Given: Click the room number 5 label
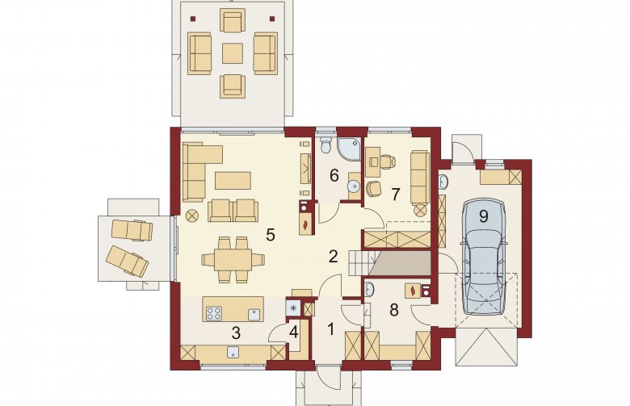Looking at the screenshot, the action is [271, 235].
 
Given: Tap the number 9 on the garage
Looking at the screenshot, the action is [483, 216].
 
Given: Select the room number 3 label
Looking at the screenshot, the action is [236, 333].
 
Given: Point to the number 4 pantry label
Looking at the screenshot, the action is [294, 333].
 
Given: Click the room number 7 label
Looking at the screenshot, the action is [395, 195].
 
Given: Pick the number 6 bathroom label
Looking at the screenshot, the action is [334, 175].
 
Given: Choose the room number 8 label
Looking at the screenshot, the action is [394, 310].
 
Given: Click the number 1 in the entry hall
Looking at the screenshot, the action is [330, 329].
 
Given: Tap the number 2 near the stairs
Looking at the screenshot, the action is [333, 256].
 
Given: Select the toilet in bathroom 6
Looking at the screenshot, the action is [325, 145].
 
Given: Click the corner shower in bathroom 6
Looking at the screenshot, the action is [349, 149].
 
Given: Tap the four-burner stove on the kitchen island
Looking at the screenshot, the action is [214, 313].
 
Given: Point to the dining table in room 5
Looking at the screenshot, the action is [233, 260].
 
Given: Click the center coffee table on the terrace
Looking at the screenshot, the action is [233, 53].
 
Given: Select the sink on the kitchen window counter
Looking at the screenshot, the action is [233, 352].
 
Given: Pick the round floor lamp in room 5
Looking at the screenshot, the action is [192, 216].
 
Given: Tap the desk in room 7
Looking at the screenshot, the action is [373, 162].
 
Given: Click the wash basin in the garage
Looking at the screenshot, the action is [443, 182].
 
